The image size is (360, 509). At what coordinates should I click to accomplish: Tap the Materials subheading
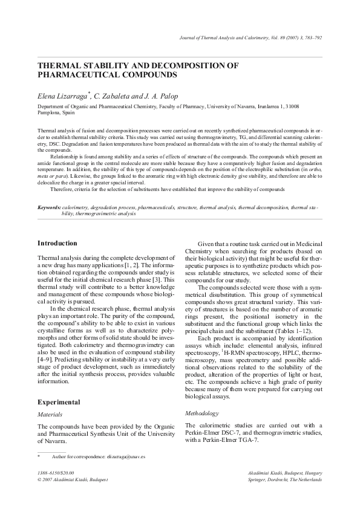(x=50, y=415)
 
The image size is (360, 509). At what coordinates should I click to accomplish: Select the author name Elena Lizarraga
(x=63, y=96)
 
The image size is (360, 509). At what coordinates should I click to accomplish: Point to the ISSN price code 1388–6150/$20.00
(x=59, y=472)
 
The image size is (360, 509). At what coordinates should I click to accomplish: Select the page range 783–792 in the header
(x=310, y=38)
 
